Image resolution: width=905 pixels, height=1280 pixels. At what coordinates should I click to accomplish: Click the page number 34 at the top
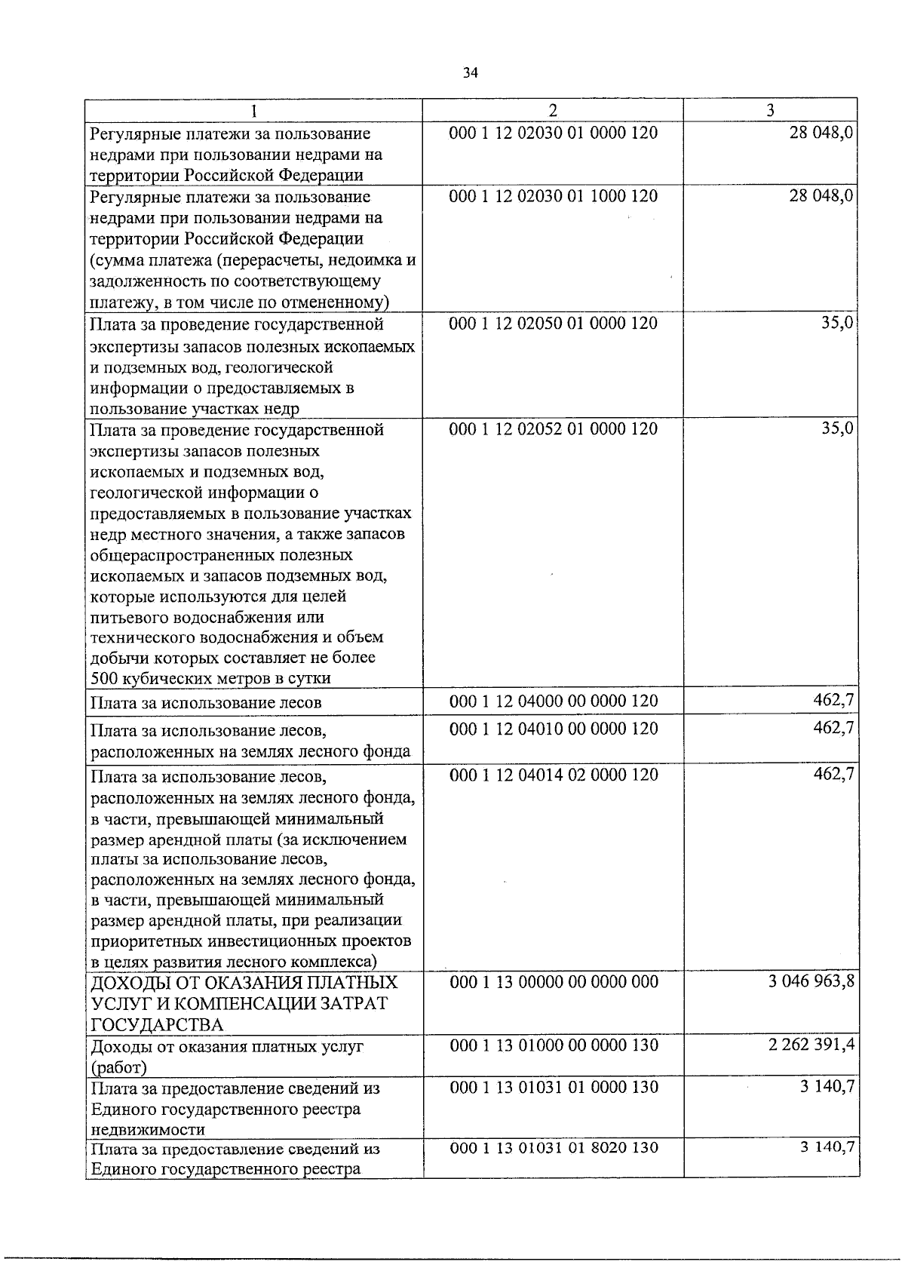[x=471, y=73]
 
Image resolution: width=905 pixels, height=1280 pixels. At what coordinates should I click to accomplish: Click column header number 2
[x=553, y=110]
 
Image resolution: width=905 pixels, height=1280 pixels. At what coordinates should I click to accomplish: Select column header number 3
[x=770, y=110]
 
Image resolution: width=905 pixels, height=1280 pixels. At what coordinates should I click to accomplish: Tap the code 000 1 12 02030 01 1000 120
[x=553, y=196]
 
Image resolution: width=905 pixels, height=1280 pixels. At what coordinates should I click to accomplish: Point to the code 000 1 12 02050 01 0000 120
[x=553, y=324]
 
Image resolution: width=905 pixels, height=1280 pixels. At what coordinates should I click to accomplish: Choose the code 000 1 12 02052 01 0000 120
[x=553, y=429]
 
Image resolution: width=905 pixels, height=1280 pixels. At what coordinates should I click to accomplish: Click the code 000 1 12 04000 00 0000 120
[x=553, y=701]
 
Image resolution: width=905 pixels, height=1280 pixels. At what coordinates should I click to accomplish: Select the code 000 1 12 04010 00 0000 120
[x=553, y=729]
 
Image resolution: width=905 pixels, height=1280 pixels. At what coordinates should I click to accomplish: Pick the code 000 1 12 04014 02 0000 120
[x=553, y=775]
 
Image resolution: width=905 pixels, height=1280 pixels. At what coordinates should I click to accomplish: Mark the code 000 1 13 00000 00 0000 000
[x=553, y=982]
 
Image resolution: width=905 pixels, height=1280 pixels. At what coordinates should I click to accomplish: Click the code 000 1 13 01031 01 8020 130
[x=553, y=1148]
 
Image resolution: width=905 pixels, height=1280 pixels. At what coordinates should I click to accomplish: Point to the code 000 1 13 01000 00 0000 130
[x=553, y=1045]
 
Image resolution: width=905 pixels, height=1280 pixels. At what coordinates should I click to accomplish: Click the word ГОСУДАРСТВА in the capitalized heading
[x=157, y=1024]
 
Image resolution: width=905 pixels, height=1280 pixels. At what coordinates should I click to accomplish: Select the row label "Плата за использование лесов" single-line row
[x=206, y=703]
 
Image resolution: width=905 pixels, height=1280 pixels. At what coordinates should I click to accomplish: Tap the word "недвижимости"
[x=148, y=1130]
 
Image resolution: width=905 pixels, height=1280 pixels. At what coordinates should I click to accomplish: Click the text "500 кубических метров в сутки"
[x=210, y=678]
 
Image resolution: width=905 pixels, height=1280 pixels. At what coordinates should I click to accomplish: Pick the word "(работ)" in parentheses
[x=118, y=1067]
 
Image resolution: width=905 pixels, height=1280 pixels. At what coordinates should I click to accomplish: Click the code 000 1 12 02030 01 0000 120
[x=553, y=134]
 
